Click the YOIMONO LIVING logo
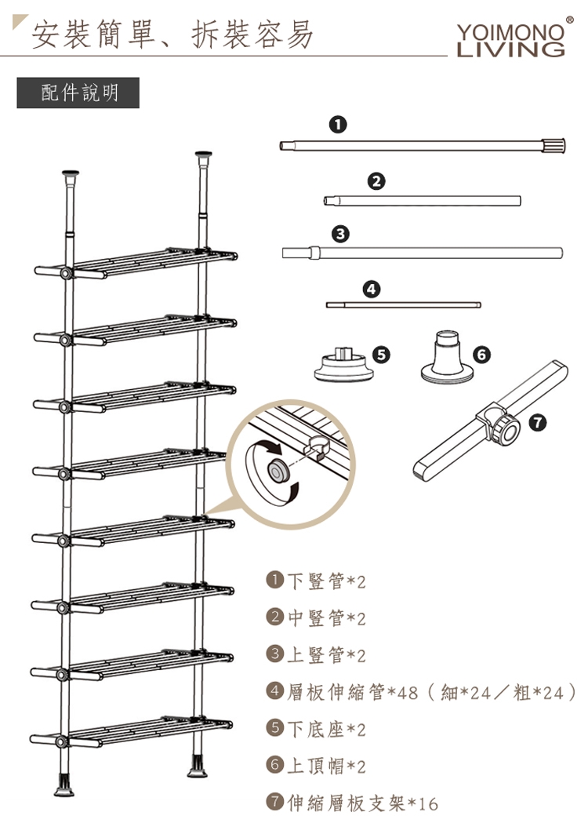[x=510, y=39]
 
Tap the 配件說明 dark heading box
[x=78, y=93]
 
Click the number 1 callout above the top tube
[x=338, y=125]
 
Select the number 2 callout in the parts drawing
[x=376, y=181]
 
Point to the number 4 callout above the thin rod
[x=371, y=289]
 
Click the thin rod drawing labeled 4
[x=404, y=304]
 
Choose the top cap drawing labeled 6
[x=447, y=356]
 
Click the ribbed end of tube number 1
[x=554, y=145]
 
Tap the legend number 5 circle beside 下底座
[x=274, y=727]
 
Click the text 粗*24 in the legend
[x=538, y=692]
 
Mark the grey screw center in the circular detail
[x=277, y=470]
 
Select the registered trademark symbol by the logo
[x=569, y=20]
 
